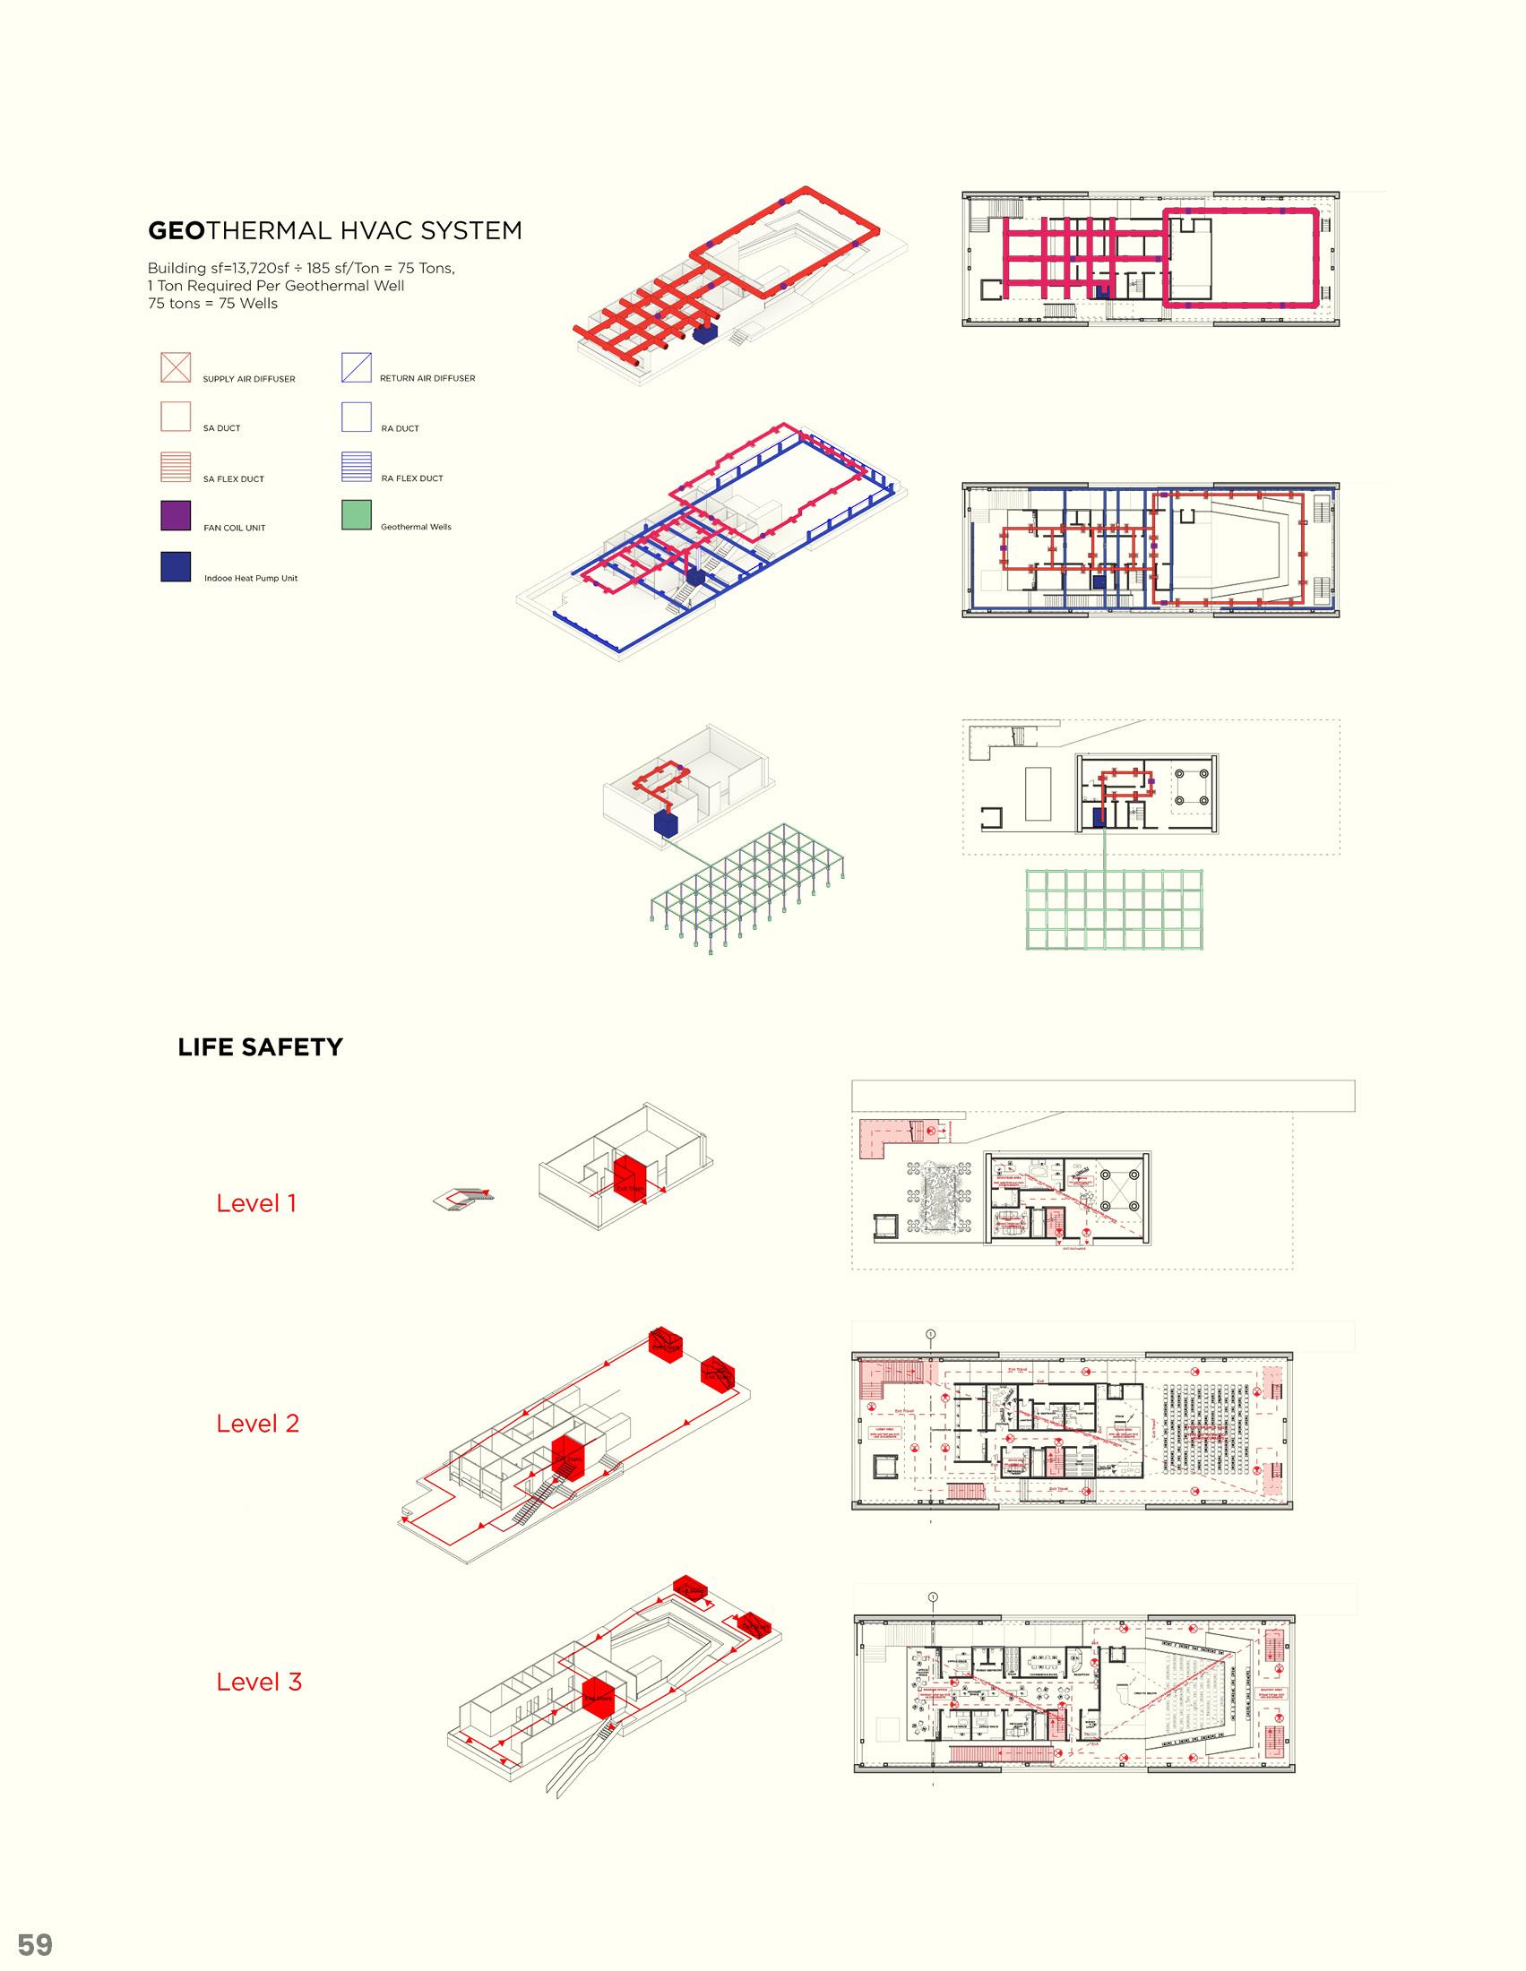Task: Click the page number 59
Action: tap(35, 1938)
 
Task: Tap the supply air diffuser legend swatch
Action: tap(176, 367)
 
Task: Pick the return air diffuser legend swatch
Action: tap(357, 367)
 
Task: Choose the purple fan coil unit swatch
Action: tap(176, 515)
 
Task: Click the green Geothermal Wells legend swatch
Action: tap(357, 515)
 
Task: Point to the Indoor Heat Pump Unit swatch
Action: tap(176, 566)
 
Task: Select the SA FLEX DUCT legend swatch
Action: tap(176, 467)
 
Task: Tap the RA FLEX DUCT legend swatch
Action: tap(357, 467)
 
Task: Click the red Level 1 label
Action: tap(256, 1203)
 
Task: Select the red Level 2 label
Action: tap(257, 1424)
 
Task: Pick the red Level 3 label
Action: tap(258, 1682)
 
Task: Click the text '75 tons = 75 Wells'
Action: tap(213, 303)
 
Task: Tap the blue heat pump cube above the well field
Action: tap(666, 824)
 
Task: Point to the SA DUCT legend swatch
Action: tap(176, 417)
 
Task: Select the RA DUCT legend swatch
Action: tap(357, 417)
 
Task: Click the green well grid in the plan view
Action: tap(1116, 908)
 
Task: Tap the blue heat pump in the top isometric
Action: tap(705, 333)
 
